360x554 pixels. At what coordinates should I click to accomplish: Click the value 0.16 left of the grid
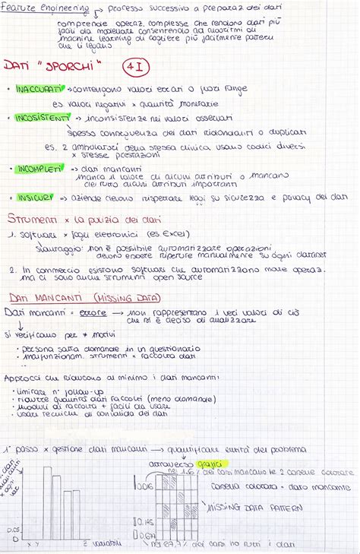145,485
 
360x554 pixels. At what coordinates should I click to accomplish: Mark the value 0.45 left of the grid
146,521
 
